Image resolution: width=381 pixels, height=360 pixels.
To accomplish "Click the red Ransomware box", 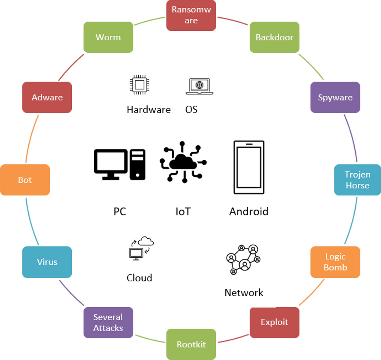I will click(x=191, y=15).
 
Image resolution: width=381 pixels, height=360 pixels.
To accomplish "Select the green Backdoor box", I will click(x=274, y=37).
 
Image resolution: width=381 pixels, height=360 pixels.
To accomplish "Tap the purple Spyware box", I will click(x=335, y=97).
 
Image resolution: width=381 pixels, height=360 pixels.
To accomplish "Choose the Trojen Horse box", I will click(x=357, y=180).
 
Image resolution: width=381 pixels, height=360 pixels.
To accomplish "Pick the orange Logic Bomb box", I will click(x=335, y=262).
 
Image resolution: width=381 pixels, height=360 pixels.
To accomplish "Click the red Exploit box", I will click(x=275, y=322).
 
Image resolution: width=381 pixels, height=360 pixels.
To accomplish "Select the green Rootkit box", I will click(x=191, y=344).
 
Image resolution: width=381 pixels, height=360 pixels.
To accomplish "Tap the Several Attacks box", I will click(x=108, y=323).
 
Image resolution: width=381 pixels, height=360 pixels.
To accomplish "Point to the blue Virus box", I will click(x=47, y=262).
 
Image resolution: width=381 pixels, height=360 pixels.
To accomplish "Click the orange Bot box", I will click(x=25, y=180).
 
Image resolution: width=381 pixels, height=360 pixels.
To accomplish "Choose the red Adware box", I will click(x=47, y=97).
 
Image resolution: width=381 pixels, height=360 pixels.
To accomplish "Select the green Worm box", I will click(x=108, y=37).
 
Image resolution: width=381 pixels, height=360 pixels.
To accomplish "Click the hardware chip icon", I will click(x=139, y=85).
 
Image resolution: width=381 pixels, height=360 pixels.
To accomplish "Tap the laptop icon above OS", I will click(x=199, y=86).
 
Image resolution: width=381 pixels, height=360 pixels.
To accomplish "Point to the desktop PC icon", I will click(x=119, y=164).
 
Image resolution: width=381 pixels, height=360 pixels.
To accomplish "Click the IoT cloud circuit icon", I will click(x=183, y=161).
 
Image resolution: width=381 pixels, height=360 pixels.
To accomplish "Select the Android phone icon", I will click(x=249, y=167).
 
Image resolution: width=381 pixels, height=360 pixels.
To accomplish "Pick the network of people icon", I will click(x=243, y=260).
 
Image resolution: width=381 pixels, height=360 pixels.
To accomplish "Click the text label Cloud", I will click(x=139, y=278).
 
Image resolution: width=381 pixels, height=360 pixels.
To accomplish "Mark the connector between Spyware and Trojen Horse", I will click(x=352, y=138).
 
